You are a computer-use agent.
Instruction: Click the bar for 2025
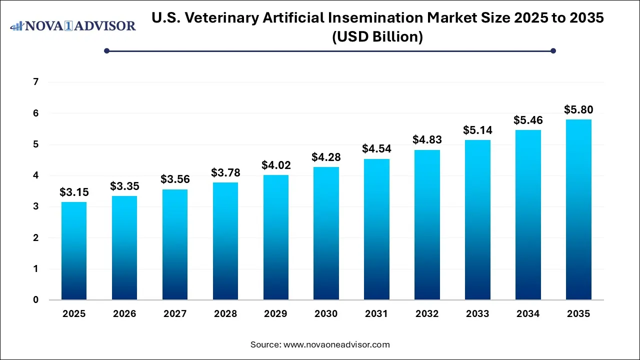[x=73, y=251]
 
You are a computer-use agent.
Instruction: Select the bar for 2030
[x=326, y=233]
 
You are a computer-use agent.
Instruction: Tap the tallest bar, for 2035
[x=578, y=209]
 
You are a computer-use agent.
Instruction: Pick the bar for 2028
[x=225, y=241]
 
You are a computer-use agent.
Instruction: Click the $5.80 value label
[x=578, y=109]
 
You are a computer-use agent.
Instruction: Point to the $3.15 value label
[x=73, y=192]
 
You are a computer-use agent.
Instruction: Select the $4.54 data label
[x=376, y=148]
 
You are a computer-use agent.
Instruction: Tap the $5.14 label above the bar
[x=477, y=130]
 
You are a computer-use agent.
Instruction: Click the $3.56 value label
[x=174, y=179]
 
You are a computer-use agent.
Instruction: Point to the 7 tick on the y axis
[x=35, y=82]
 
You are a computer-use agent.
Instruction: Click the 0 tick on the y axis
[x=35, y=300]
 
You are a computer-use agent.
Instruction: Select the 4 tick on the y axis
[x=35, y=175]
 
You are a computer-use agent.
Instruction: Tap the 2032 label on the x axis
[x=427, y=314]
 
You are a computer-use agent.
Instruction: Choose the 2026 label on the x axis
[x=124, y=314]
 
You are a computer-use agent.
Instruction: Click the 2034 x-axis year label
[x=528, y=314]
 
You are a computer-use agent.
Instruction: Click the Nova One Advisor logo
[x=73, y=25]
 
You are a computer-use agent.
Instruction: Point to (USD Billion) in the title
[x=377, y=37]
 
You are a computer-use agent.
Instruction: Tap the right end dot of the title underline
[x=553, y=50]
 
